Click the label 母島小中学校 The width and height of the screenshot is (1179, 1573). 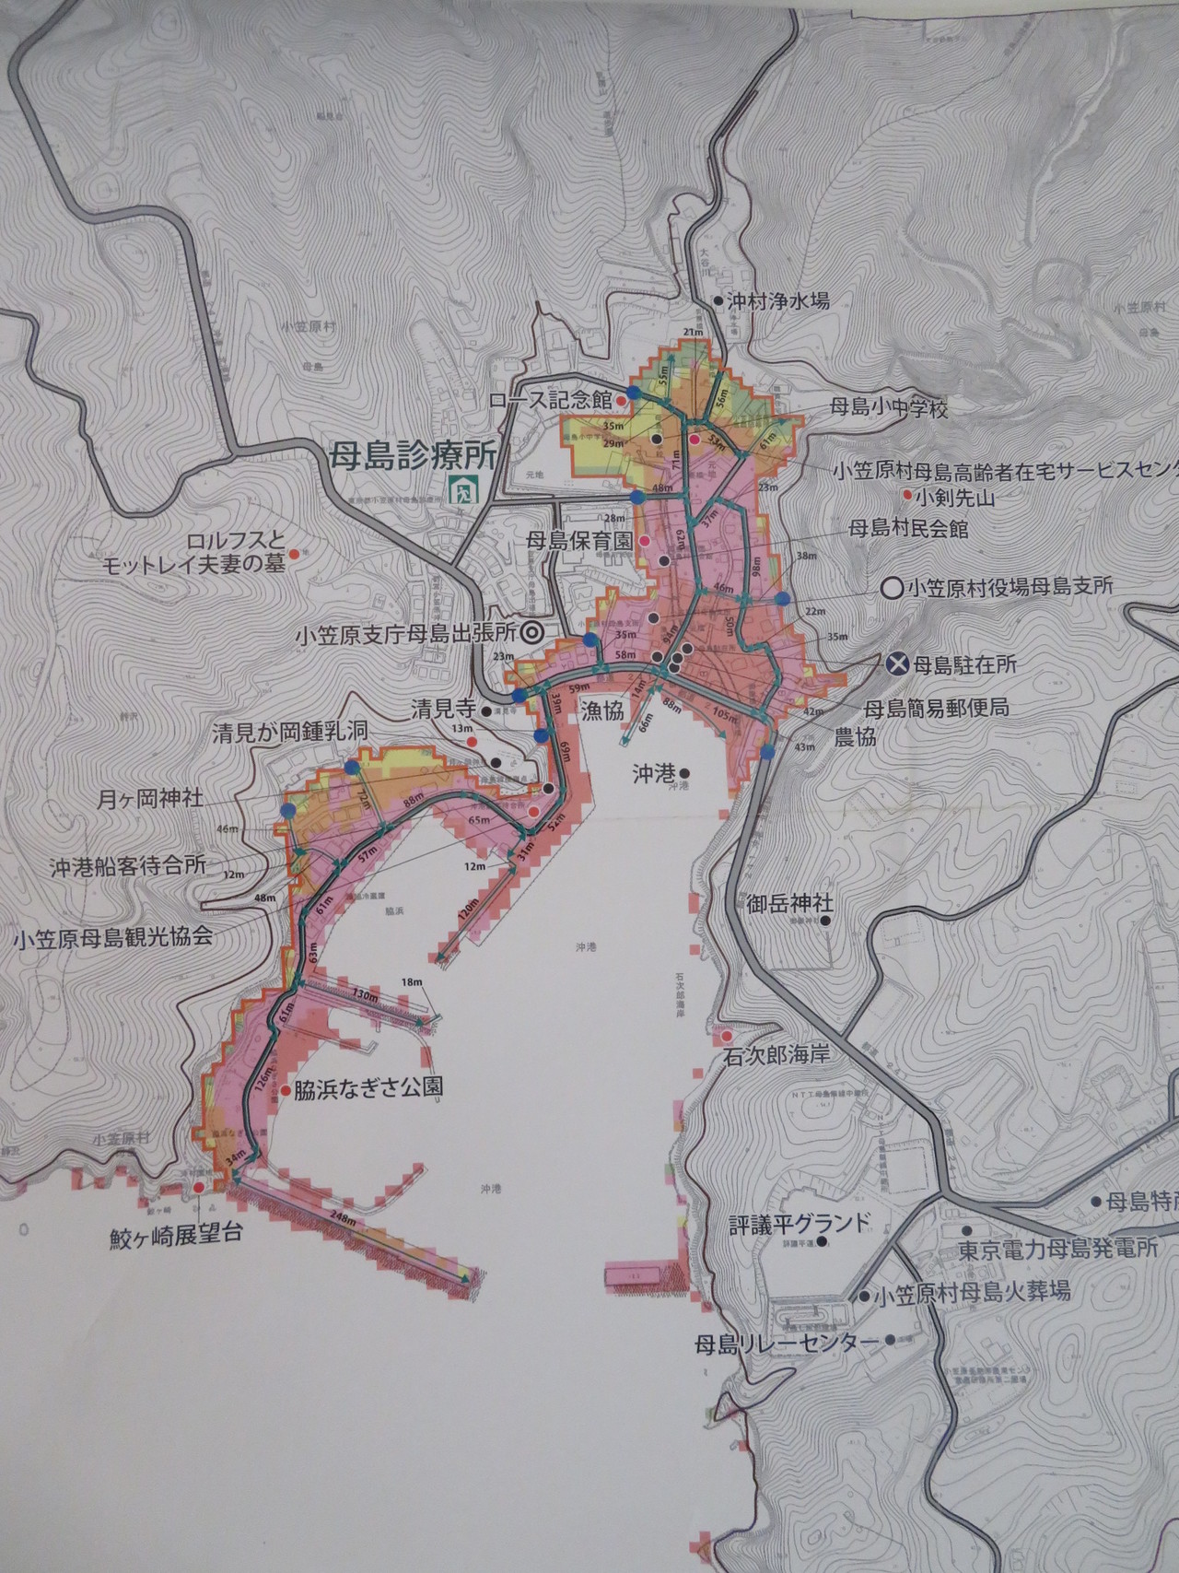[x=888, y=408]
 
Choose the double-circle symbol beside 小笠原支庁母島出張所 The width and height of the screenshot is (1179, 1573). [x=531, y=633]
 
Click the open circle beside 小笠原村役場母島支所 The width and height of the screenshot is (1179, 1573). [x=890, y=586]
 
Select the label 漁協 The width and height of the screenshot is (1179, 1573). [x=603, y=709]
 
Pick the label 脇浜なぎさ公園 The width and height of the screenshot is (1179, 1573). [x=368, y=1087]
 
